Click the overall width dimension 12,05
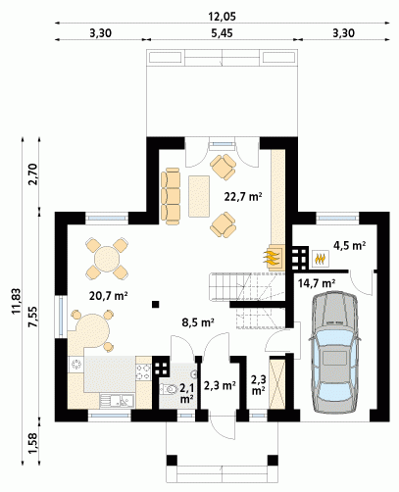click(x=223, y=17)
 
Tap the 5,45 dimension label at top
click(x=222, y=33)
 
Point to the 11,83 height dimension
click(x=17, y=301)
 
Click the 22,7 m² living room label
click(x=243, y=197)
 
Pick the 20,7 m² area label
click(x=108, y=296)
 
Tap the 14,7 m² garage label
click(x=317, y=283)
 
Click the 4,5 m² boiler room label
click(x=349, y=245)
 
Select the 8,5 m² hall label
click(x=198, y=322)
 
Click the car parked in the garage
click(x=334, y=352)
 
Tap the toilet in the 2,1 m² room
click(x=168, y=389)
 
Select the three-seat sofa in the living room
click(x=171, y=196)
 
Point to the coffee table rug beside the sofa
click(x=199, y=196)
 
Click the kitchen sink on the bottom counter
click(x=117, y=401)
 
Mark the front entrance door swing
click(x=223, y=427)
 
